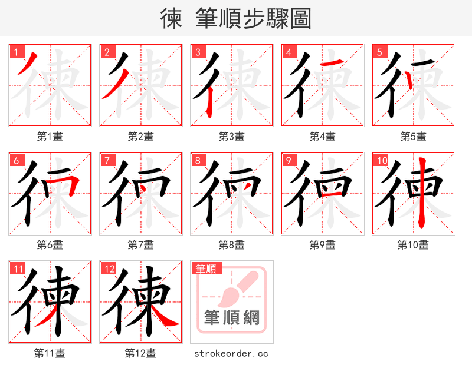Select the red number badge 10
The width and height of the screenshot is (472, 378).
(381, 160)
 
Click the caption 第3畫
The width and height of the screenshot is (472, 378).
(231, 137)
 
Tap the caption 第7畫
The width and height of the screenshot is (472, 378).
(140, 245)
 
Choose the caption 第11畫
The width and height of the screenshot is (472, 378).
(50, 353)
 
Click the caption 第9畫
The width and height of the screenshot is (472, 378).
(322, 245)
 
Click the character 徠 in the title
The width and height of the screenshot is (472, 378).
(171, 19)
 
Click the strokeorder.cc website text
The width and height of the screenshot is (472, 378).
(231, 353)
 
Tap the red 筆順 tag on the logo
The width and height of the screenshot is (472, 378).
(206, 268)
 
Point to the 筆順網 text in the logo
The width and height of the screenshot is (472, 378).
(232, 319)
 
